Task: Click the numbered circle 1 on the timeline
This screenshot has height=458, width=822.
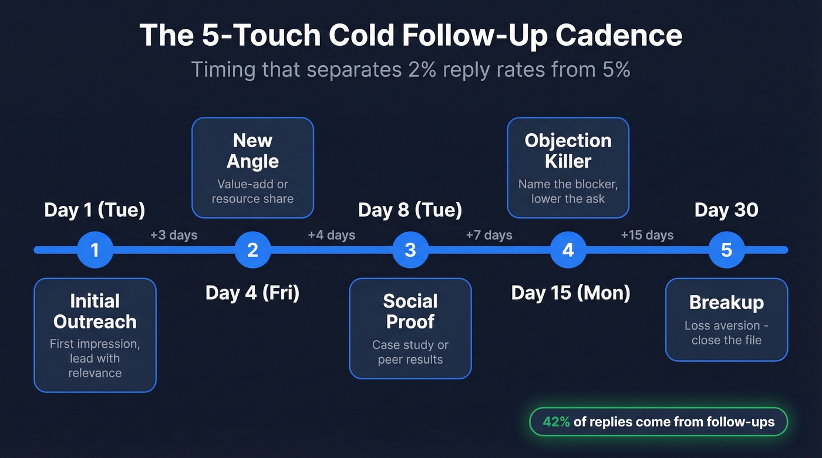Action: click(95, 250)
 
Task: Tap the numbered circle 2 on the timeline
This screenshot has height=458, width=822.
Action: click(252, 250)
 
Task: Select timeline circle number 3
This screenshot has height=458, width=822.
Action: click(410, 250)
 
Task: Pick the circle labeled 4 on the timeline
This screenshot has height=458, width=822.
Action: click(568, 250)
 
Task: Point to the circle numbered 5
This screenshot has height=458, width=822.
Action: click(726, 250)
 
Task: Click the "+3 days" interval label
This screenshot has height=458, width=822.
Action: click(174, 235)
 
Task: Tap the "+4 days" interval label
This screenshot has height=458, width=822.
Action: click(332, 235)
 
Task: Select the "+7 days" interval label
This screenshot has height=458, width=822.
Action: click(489, 235)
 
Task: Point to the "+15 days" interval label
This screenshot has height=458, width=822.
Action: click(647, 235)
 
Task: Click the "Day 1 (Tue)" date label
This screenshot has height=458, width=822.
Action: click(95, 210)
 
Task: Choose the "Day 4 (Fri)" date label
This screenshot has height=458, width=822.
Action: click(252, 293)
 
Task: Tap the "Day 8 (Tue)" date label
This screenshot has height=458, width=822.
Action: click(410, 210)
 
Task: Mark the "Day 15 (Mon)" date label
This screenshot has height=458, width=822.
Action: click(571, 293)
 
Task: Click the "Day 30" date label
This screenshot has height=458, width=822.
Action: click(726, 210)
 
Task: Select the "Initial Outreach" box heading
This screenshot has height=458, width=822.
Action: click(95, 311)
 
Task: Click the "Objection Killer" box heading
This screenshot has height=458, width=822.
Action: click(568, 151)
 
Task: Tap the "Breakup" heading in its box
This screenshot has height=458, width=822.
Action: click(726, 303)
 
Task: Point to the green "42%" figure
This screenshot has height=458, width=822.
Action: click(556, 422)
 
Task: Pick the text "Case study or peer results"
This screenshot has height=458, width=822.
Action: click(410, 352)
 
